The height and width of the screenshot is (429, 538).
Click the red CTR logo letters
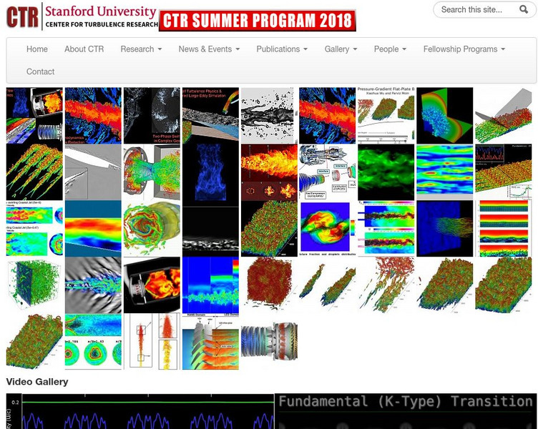coord(22,16)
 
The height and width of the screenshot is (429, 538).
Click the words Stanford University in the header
coord(100,11)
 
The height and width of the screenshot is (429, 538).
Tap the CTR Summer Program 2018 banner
coord(258,21)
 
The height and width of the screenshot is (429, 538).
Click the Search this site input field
coord(476,9)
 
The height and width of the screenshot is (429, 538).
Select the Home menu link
coord(37,49)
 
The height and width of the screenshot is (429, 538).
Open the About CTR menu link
coord(84,49)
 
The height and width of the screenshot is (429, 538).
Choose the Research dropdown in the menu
coord(141,49)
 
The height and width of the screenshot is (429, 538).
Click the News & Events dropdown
coord(209,49)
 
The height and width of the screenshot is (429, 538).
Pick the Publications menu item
coord(282,49)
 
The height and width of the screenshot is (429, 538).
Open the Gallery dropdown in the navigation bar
coord(341,49)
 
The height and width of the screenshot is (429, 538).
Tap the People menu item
coord(390,49)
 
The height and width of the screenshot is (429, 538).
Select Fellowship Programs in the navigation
coord(464,49)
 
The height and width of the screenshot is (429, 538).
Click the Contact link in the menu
coord(41,71)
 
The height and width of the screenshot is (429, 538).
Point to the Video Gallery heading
coord(37,382)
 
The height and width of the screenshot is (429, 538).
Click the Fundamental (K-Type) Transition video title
coord(406,402)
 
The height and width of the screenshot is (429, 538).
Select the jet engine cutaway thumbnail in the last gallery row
coord(269,342)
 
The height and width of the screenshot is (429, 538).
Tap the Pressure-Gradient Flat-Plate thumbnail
coord(386,114)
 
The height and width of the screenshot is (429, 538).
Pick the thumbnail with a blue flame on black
coord(210,172)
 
